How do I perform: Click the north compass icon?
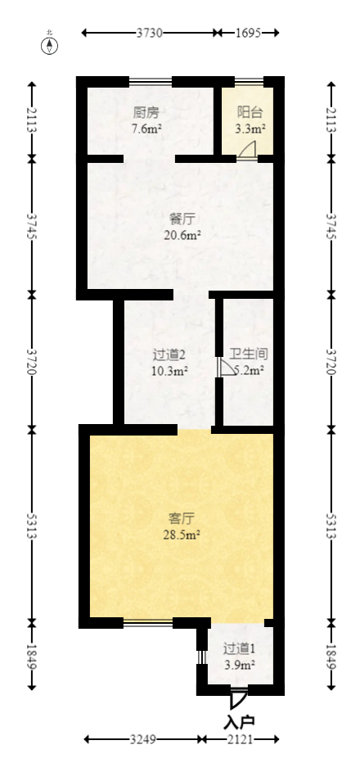tap(50, 44)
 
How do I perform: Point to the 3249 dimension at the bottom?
tap(143, 739)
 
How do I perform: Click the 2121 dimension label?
tap(240, 739)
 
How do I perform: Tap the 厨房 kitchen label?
tap(146, 112)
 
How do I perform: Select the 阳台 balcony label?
tap(250, 112)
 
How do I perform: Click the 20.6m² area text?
tap(183, 235)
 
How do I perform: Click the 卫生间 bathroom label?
tap(249, 354)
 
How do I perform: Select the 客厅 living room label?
tap(181, 518)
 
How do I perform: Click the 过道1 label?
tap(240, 648)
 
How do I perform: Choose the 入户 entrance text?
tap(239, 721)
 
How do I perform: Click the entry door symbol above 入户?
tap(238, 699)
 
